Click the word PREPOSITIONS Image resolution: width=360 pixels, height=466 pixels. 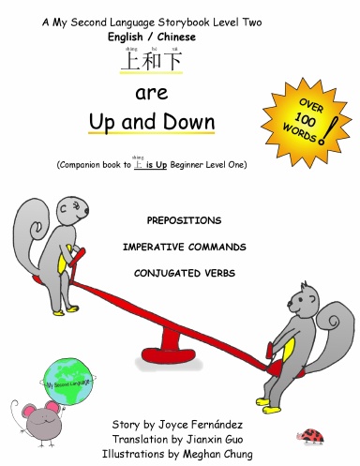point(184,219)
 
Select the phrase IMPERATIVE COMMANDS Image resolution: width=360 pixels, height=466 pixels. point(183,247)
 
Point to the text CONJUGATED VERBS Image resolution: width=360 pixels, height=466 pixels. point(183,274)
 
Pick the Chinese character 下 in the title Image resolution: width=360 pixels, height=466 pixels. point(171,63)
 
